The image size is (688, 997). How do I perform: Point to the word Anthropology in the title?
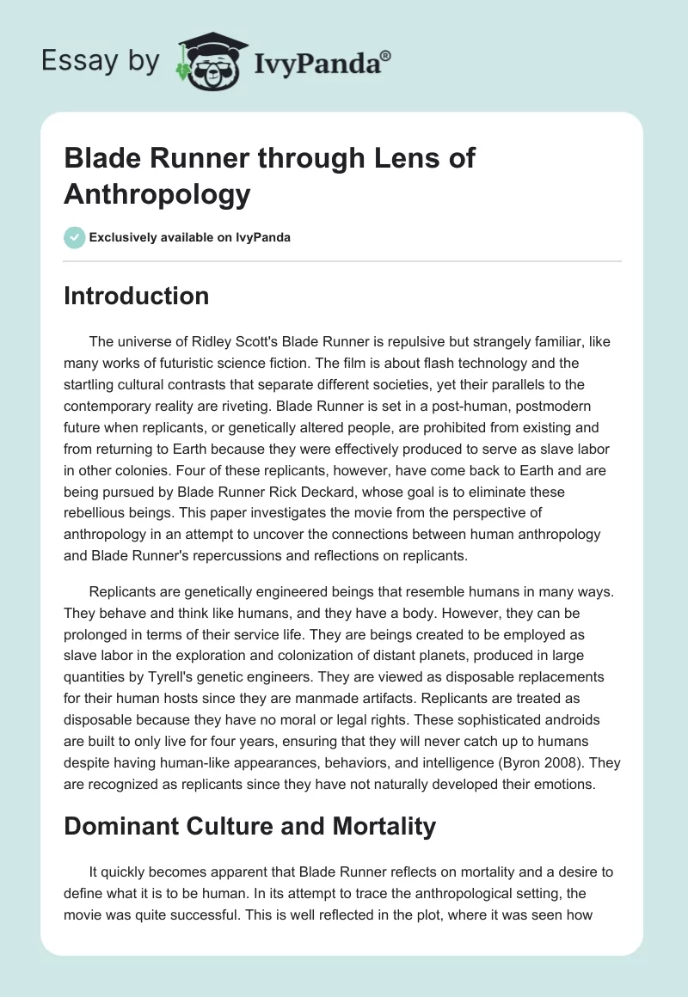pos(157,194)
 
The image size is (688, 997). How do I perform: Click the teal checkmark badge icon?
pos(74,238)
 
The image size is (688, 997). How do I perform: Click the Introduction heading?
pos(136,297)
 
